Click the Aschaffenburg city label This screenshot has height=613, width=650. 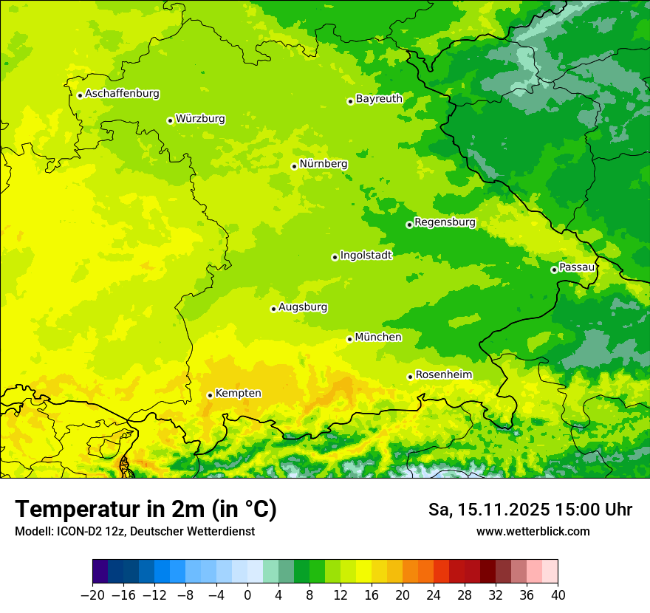(122, 94)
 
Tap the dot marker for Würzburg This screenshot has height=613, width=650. (170, 120)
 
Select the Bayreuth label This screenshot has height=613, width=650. (379, 98)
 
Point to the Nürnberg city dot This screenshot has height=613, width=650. (294, 166)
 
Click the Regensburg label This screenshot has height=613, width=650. (445, 222)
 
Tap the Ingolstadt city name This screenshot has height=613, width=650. (366, 255)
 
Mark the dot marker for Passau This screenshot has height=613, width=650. (554, 270)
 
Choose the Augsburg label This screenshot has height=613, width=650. (303, 306)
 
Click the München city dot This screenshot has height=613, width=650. (349, 339)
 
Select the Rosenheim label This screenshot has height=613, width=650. (443, 374)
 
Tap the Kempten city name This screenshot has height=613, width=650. (238, 393)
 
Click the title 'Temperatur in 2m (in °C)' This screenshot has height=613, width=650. (146, 509)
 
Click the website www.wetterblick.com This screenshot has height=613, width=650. (533, 531)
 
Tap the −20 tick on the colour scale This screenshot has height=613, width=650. (92, 595)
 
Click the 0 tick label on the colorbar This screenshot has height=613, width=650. (247, 595)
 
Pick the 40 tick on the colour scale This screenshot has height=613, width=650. (558, 595)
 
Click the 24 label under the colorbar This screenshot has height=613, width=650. (434, 595)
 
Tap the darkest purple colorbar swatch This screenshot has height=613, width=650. (100, 572)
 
